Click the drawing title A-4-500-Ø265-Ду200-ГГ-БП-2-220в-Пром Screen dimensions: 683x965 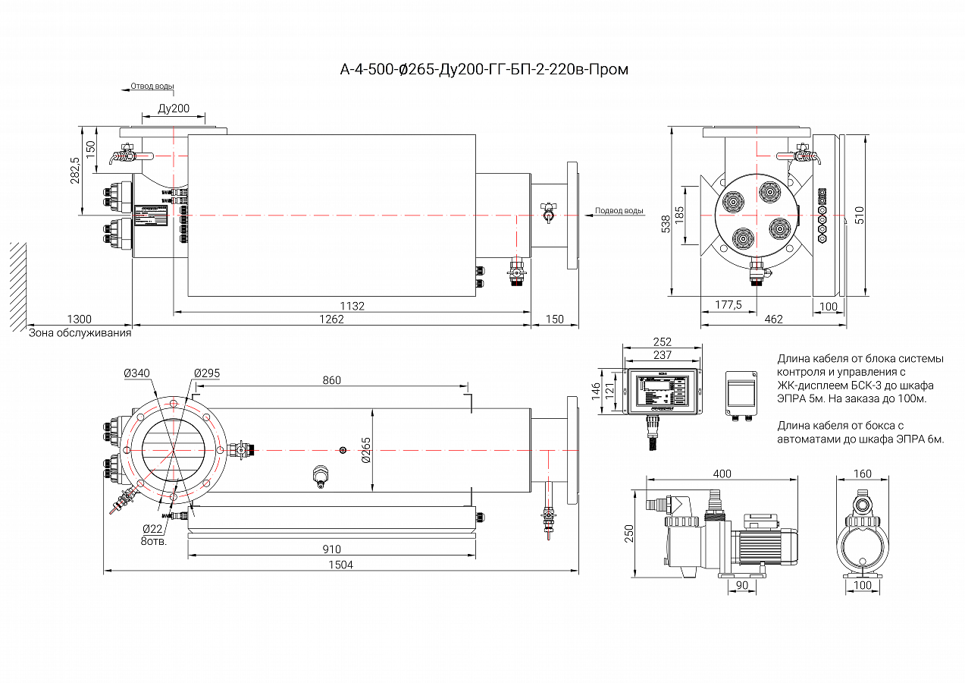coord(484,70)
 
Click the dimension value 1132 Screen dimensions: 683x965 coord(352,306)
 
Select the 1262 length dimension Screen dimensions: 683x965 coord(331,319)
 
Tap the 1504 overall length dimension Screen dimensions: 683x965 coord(340,565)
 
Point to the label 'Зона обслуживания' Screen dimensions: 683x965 coord(80,332)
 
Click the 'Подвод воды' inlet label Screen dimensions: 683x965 coord(619,211)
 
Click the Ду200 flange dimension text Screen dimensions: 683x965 coord(174,109)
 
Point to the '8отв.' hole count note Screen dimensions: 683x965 coord(153,542)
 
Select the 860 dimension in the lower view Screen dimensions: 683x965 coord(331,380)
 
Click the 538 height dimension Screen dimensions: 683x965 coord(666,223)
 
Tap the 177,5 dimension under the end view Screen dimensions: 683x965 coord(728,305)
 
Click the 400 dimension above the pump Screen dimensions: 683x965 coord(722,474)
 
